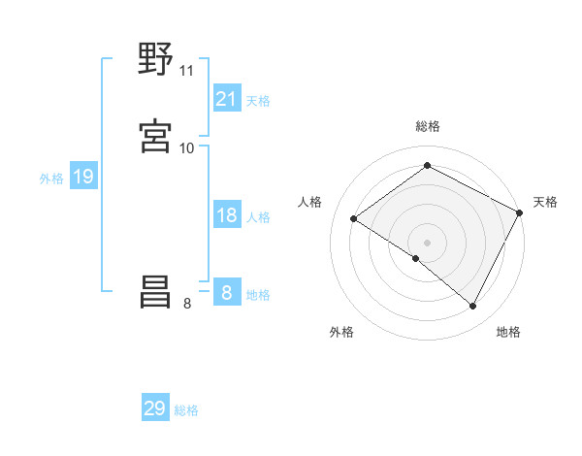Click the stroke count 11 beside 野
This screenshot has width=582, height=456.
[x=186, y=71]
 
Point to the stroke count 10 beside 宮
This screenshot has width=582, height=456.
[x=186, y=147]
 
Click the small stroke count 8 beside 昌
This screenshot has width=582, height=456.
[x=187, y=304]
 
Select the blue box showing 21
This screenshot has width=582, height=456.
[x=227, y=99]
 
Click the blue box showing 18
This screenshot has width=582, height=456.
[x=227, y=215]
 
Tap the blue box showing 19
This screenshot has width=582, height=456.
[x=82, y=177]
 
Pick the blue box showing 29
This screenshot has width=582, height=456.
[x=155, y=408]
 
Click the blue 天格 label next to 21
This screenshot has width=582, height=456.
[x=258, y=101]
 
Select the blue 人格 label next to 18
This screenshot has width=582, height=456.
[x=258, y=217]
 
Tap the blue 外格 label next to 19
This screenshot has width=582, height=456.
[x=51, y=179]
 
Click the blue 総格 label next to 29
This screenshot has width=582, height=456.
[x=186, y=410]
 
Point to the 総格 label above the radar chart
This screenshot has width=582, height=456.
[x=427, y=126]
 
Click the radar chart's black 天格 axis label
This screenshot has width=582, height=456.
[x=545, y=202]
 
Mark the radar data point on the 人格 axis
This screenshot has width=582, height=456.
[x=354, y=219]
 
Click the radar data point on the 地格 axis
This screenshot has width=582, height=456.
[x=473, y=307]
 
